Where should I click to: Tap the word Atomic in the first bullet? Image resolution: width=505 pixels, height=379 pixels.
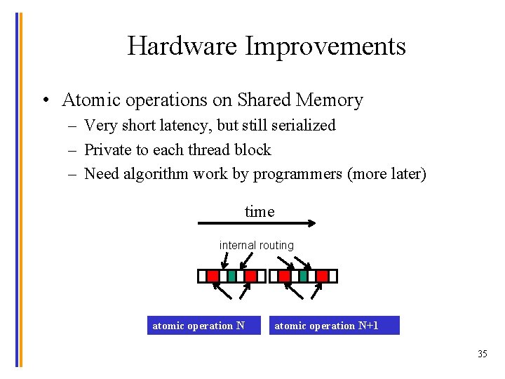coord(90,100)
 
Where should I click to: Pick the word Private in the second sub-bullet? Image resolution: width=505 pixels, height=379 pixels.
coord(108,149)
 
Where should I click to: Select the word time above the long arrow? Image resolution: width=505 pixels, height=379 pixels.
coord(260,211)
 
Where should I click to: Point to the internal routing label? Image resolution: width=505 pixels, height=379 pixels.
coord(257,245)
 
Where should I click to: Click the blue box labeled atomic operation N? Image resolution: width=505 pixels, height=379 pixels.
coord(203,326)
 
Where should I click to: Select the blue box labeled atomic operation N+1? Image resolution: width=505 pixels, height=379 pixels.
coord(334,326)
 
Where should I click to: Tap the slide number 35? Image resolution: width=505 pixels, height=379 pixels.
coord(482,354)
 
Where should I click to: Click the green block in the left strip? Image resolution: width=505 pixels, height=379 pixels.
coord(231,276)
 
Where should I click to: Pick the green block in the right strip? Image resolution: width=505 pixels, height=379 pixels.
coord(303,276)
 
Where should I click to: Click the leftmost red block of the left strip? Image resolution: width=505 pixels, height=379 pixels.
coord(213,276)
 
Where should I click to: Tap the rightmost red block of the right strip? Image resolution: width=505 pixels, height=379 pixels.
coord(322,276)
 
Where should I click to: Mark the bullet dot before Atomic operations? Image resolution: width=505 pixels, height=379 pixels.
coord(44,101)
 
